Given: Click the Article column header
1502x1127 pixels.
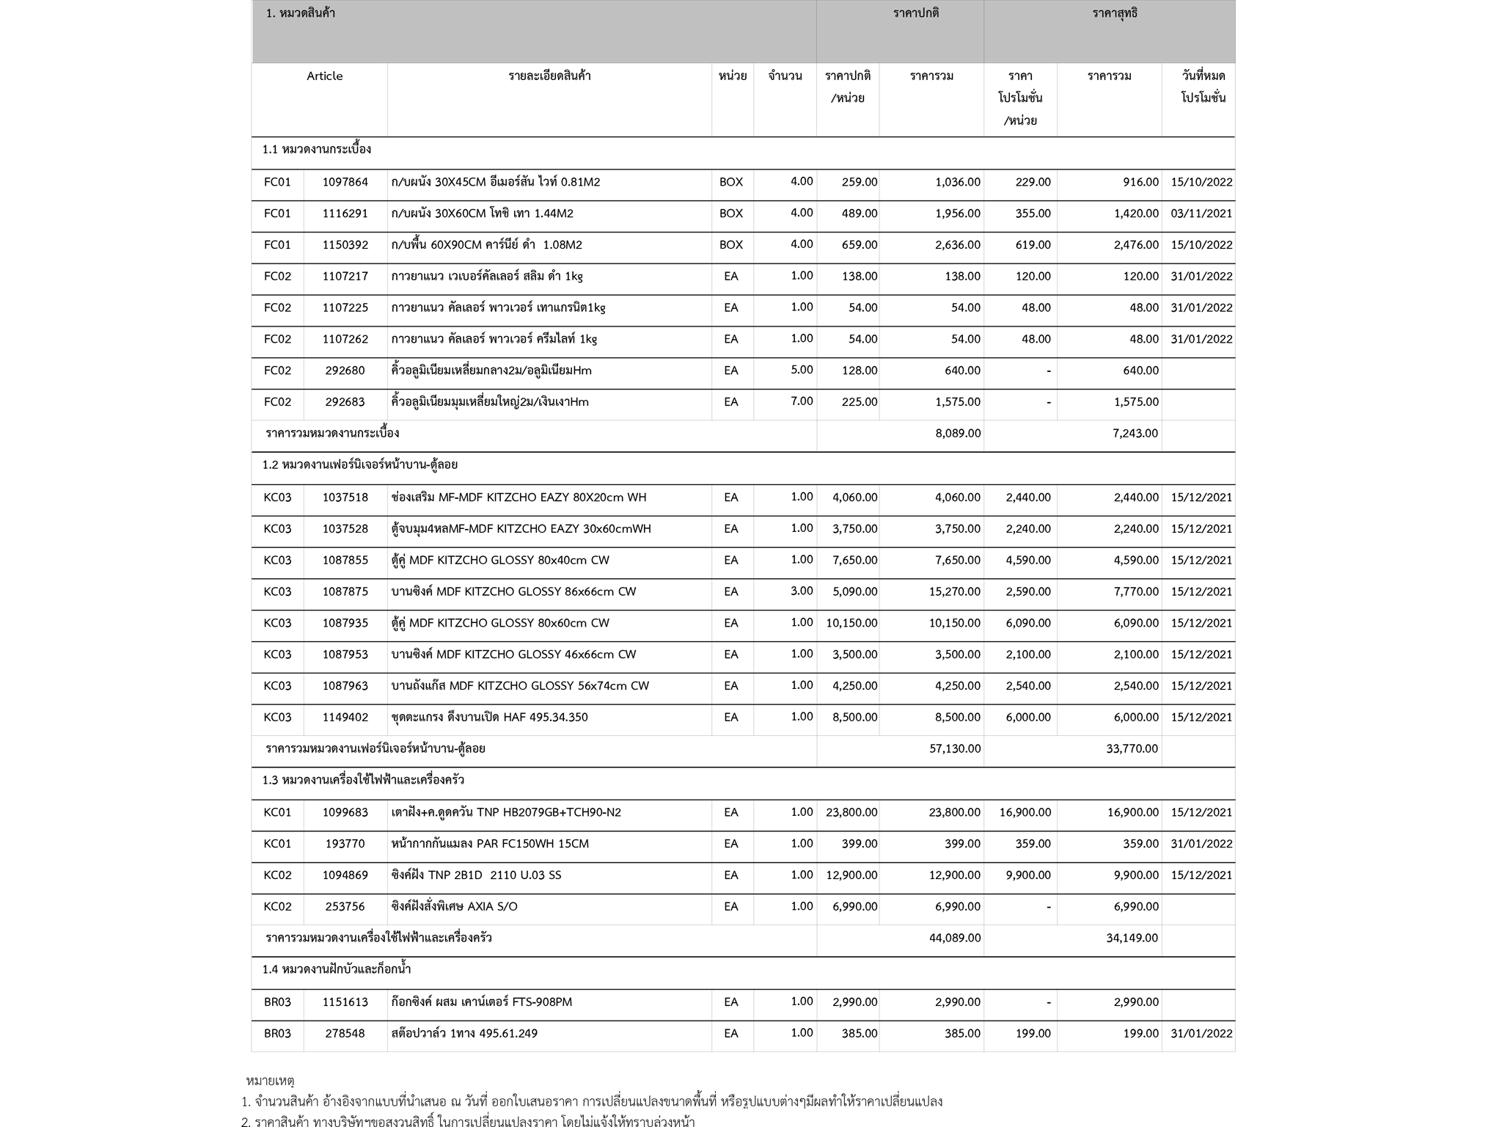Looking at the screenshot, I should [x=324, y=76].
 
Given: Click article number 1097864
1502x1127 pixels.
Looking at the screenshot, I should [x=345, y=182].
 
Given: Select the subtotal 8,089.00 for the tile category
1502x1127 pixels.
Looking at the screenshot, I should [x=957, y=434].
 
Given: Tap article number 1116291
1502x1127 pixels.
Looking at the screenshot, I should [x=345, y=214].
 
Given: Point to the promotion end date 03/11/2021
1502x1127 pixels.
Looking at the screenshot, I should [x=1201, y=214].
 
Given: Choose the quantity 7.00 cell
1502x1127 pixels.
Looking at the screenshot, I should [x=801, y=401].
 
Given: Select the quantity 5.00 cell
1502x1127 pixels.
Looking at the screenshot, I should [x=801, y=370].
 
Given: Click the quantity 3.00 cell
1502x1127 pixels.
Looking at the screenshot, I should [x=801, y=591].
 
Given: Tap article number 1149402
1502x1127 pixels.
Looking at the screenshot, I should [x=345, y=717].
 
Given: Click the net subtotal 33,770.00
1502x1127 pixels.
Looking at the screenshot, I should [x=1132, y=749].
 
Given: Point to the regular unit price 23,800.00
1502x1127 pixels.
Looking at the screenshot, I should [x=851, y=812].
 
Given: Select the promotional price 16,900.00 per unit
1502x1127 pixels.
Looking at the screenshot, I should [x=1025, y=812].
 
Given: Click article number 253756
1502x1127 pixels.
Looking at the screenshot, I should [x=345, y=906].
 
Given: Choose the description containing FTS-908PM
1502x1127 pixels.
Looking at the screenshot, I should [x=481, y=1002].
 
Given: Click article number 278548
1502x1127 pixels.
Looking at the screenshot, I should [x=345, y=1033].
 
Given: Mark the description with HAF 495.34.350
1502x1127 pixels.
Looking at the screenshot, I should [x=489, y=717].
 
